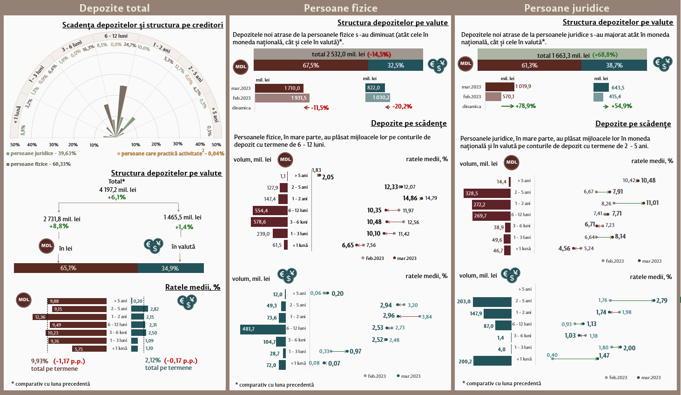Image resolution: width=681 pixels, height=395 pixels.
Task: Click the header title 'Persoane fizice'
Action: click(x=340, y=8)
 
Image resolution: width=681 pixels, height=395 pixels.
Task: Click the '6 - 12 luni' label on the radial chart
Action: click(x=116, y=36)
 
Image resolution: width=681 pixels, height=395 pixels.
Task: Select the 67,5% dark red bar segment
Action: click(x=310, y=66)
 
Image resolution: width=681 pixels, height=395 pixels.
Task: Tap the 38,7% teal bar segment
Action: click(x=614, y=66)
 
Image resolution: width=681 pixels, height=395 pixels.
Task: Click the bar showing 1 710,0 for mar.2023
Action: click(x=279, y=88)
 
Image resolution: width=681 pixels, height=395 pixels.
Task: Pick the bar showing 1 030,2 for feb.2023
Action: click(x=378, y=98)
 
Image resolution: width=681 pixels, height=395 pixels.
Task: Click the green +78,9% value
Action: click(x=525, y=106)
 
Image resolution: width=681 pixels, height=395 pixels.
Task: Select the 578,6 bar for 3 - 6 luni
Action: click(x=269, y=222)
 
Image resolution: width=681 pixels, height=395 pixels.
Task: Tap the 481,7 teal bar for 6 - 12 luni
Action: click(x=263, y=329)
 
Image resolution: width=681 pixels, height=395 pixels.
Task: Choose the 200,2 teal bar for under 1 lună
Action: click(x=492, y=361)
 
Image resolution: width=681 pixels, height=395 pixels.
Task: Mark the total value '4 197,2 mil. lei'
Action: click(x=117, y=190)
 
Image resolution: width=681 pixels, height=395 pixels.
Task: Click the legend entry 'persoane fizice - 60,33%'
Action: click(x=40, y=164)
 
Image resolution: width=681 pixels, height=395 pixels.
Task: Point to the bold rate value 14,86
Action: click(x=410, y=198)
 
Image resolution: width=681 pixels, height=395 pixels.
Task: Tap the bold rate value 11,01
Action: click(x=652, y=203)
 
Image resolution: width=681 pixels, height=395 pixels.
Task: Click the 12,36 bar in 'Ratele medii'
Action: click(x=70, y=317)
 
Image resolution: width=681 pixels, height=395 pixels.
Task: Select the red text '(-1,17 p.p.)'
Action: click(x=69, y=361)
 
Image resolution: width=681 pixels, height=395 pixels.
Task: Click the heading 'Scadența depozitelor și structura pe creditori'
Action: click(x=142, y=25)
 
